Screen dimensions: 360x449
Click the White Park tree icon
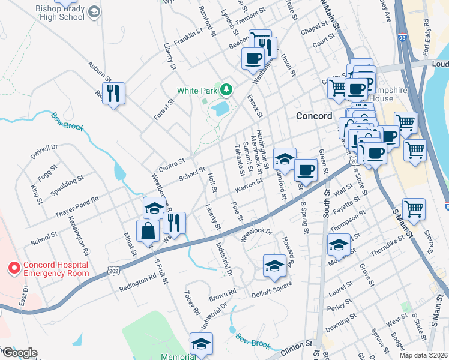click(x=226, y=90)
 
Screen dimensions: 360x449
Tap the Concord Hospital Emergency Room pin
click(x=13, y=268)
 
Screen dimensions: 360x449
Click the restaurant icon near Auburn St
click(x=113, y=93)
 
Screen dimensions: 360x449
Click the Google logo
click(x=19, y=353)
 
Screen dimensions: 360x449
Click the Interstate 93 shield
click(x=402, y=38)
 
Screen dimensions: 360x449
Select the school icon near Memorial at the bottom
click(x=201, y=343)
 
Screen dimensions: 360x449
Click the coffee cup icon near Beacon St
click(x=253, y=59)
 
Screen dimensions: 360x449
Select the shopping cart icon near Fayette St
click(x=413, y=209)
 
